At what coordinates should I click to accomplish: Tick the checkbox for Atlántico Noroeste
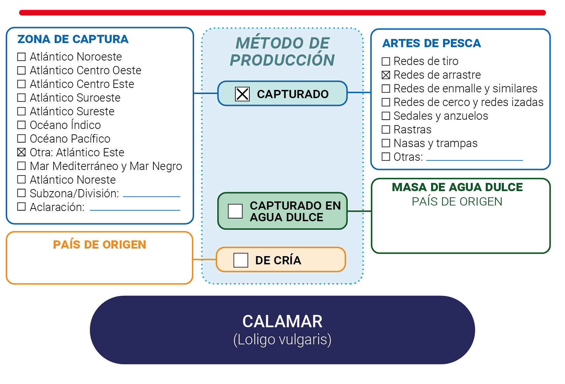point(22,57)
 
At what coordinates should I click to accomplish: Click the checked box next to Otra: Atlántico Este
point(22,152)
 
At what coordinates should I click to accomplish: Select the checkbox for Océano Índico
point(22,125)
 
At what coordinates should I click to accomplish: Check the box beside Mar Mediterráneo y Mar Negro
point(22,166)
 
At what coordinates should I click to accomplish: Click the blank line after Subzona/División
point(152,196)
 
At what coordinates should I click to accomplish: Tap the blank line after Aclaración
point(135,210)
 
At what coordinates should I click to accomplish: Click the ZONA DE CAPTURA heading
point(73,39)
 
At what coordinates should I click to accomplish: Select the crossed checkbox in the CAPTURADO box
point(243,94)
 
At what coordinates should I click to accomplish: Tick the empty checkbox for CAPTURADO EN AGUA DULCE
point(235,211)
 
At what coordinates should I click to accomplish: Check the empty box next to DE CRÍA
point(241,260)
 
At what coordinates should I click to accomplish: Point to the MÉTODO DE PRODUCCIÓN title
point(282,52)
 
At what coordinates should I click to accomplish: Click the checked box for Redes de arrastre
point(386,75)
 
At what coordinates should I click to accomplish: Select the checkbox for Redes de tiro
point(386,61)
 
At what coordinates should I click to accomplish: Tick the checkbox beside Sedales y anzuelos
point(386,116)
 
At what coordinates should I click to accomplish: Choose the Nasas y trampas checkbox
point(386,143)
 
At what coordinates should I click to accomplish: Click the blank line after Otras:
point(475,160)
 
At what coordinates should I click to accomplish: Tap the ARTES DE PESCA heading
point(431,43)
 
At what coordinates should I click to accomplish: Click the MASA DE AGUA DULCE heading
point(457,187)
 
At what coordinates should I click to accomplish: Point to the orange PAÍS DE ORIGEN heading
point(100,244)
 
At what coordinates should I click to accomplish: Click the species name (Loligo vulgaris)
point(282,340)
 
